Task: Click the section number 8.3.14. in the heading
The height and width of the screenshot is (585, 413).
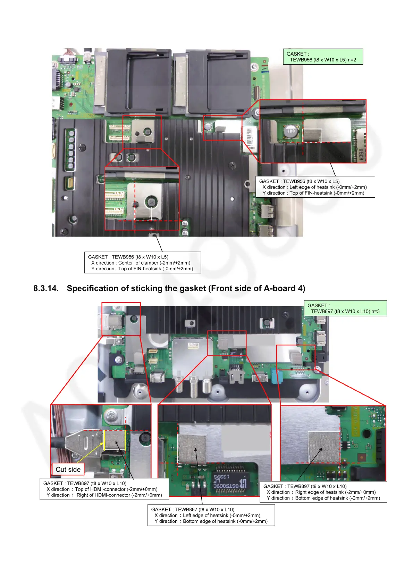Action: click(46, 289)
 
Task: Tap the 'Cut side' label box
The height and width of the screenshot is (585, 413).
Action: click(68, 470)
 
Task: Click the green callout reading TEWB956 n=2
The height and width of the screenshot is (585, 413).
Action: click(323, 57)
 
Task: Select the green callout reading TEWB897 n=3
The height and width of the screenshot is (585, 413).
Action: click(345, 308)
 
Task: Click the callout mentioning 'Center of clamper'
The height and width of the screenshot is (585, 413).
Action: click(142, 263)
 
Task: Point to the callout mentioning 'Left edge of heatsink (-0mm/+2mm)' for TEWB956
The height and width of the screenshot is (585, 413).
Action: click(315, 187)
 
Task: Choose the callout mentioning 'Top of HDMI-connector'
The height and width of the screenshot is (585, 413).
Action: click(104, 489)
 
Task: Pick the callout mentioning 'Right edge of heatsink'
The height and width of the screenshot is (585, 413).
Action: click(323, 492)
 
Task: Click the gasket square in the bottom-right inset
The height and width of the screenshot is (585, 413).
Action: click(324, 447)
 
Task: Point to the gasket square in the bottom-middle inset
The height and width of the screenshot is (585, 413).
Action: click(192, 448)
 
